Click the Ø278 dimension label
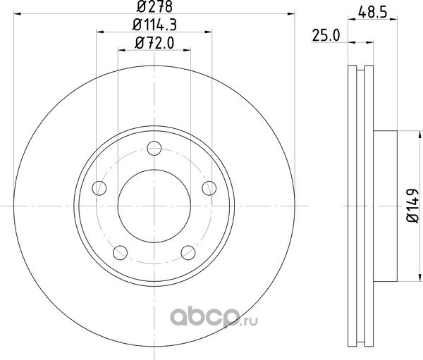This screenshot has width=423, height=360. pyautogui.click(x=154, y=6)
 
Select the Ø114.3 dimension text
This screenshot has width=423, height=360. pyautogui.click(x=154, y=25)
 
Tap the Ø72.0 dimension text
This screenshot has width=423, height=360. pyautogui.click(x=154, y=43)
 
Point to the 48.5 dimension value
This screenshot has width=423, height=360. pyautogui.click(x=373, y=13)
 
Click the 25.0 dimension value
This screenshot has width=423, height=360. pyautogui.click(x=326, y=36)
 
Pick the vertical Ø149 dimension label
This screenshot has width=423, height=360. pyautogui.click(x=412, y=206)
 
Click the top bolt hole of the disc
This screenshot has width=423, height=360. pyautogui.click(x=154, y=149)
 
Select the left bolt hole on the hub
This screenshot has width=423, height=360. pyautogui.click(x=99, y=188)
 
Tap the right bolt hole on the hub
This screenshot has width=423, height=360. pyautogui.click(x=209, y=188)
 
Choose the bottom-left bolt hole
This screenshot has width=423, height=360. pyautogui.click(x=121, y=253)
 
